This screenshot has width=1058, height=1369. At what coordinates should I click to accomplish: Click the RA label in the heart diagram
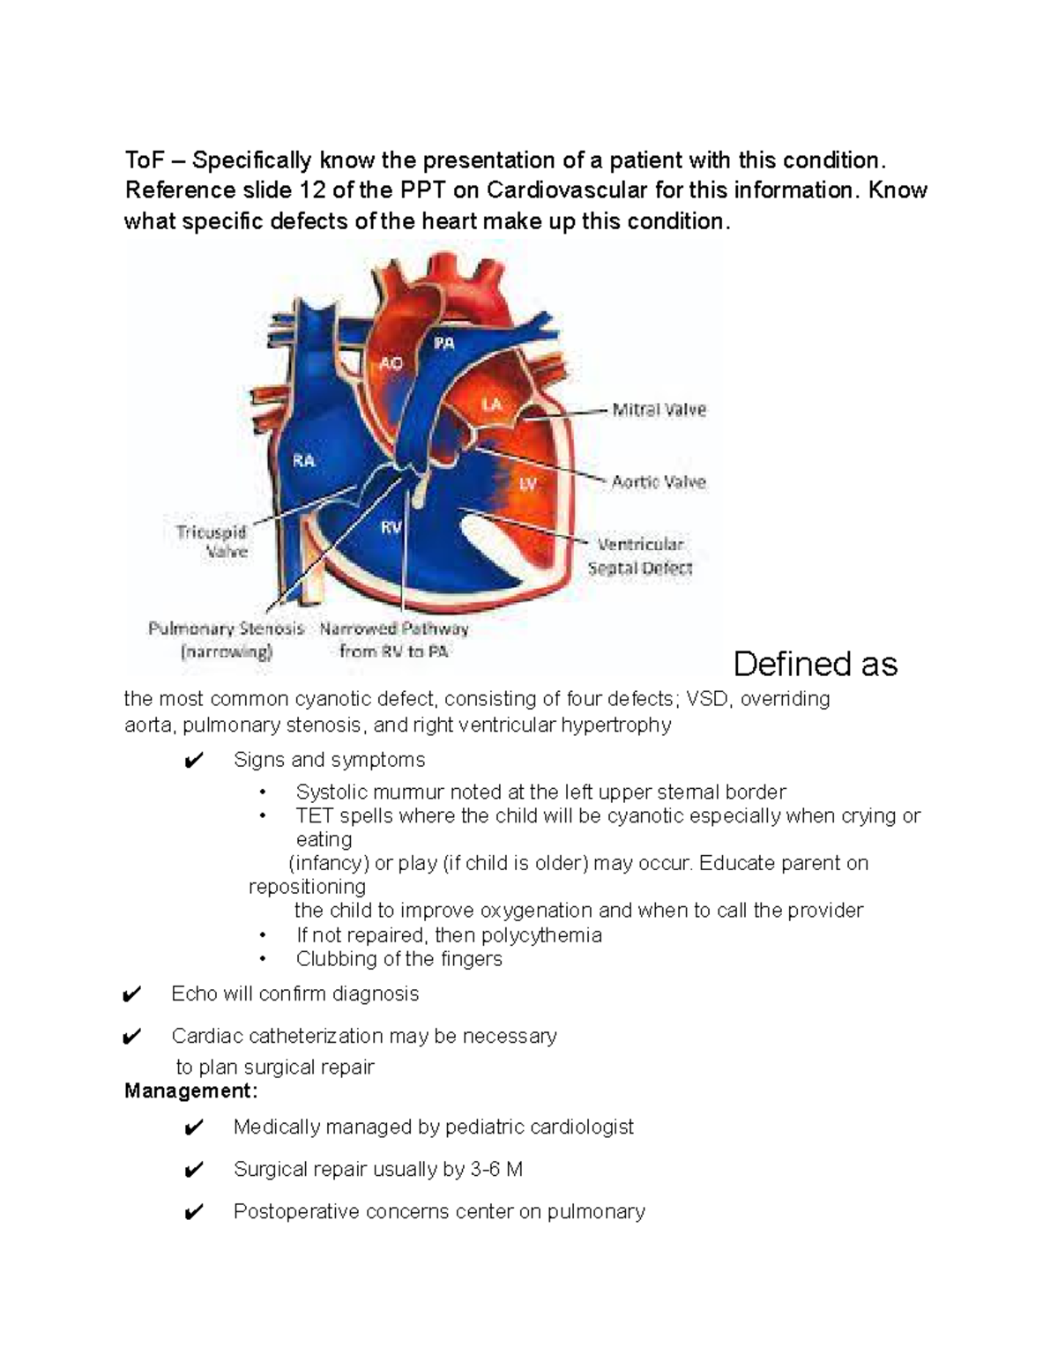pos(303,460)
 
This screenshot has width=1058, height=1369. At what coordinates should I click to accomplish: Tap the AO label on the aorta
pos(391,362)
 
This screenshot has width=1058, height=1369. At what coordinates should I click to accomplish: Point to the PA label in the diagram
pos(443,344)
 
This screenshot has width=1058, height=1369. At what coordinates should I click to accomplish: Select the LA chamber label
pos(491,405)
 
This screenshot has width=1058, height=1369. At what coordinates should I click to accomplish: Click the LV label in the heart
pos(527,483)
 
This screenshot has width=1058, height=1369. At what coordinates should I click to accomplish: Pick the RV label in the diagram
pos(391,527)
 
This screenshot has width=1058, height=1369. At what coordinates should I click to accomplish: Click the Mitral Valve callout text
pos(659,410)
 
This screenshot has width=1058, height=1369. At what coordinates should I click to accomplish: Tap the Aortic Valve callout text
pos(659,482)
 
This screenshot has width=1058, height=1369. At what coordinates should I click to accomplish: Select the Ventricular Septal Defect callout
pos(640,556)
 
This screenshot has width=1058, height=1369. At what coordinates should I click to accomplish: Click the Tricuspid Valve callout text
pos(212,542)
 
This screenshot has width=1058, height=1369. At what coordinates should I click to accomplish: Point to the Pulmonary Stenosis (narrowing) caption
pos(227,640)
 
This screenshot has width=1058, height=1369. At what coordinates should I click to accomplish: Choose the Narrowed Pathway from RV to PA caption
pos(394,640)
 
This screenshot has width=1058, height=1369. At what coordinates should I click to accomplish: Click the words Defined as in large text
pos(815,664)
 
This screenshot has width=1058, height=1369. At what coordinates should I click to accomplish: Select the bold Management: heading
pos(191,1091)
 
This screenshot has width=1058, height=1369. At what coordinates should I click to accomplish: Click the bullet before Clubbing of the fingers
pos(262,959)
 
